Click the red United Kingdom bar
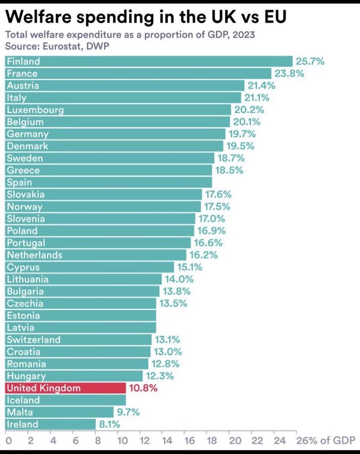tap(65, 388)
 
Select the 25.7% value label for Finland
tap(310, 61)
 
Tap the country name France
tap(22, 73)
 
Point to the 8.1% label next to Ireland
tap(109, 424)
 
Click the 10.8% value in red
tap(143, 388)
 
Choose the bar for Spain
tap(109, 182)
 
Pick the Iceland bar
tap(65, 400)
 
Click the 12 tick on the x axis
tap(144, 441)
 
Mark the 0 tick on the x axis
tap(8, 441)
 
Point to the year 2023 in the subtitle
tap(244, 35)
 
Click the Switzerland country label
tap(34, 340)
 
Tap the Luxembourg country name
tap(35, 110)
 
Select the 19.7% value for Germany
tap(242, 134)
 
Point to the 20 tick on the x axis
tap(235, 441)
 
